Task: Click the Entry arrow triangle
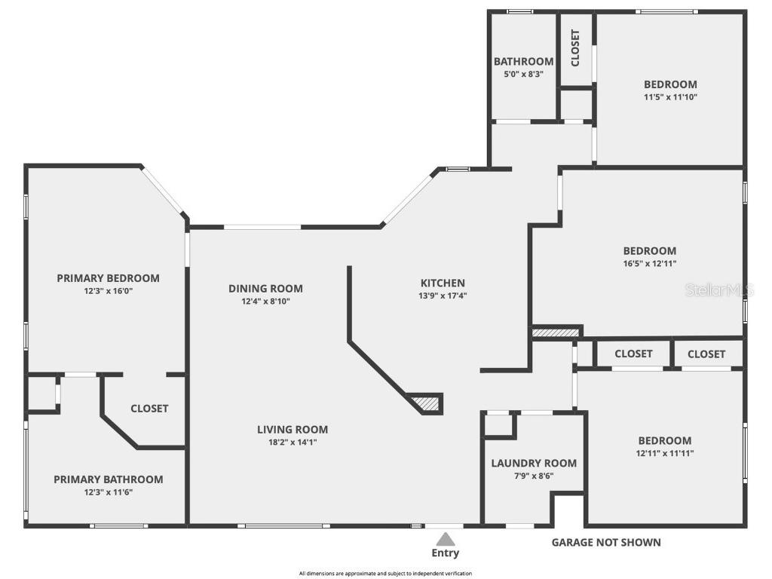[445, 538]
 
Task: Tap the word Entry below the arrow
[445, 553]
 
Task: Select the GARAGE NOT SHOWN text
[606, 543]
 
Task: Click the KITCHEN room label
[443, 283]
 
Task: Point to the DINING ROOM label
[265, 289]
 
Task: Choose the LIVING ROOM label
[293, 429]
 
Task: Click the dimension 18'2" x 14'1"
[293, 442]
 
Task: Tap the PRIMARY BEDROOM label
[109, 278]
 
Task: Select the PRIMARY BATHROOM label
[109, 479]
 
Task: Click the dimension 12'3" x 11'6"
[109, 492]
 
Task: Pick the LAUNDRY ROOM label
[535, 464]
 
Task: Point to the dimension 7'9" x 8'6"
[535, 476]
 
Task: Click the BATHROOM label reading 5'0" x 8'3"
[524, 62]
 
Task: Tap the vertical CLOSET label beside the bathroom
[575, 47]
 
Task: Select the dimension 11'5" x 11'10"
[670, 97]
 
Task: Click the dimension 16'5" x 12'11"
[650, 263]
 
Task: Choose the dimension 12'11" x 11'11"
[665, 453]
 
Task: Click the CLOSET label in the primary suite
[150, 409]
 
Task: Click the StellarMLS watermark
[719, 290]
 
